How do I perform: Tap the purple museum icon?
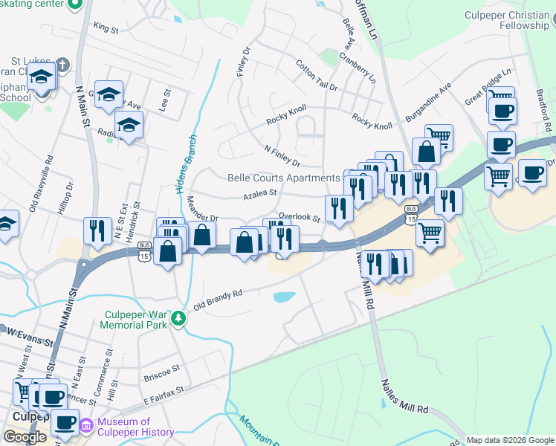click(85, 426)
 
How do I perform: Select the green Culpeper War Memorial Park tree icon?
click(178, 319)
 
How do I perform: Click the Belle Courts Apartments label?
click(283, 178)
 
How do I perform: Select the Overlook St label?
click(299, 219)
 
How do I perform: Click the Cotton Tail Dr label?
click(315, 75)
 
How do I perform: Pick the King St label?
click(106, 28)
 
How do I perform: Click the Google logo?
click(25, 437)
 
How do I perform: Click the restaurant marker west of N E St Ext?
click(97, 229)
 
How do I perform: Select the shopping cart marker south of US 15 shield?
click(430, 232)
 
